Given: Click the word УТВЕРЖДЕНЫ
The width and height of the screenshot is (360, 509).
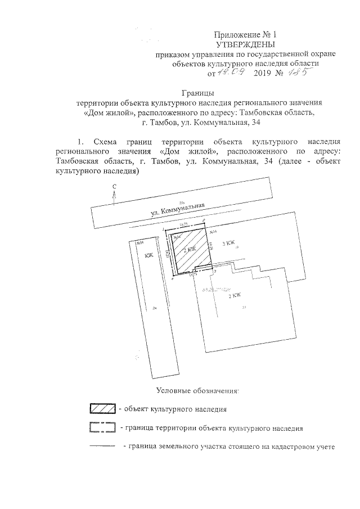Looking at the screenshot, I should pos(246,44).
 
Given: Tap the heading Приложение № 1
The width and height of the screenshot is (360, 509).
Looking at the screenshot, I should pos(246,35).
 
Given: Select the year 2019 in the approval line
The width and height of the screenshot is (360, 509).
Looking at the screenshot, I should pos(263,73).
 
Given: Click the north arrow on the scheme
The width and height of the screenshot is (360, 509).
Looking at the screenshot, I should pos(114,197).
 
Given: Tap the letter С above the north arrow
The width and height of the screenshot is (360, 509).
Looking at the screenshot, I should pos(114,186).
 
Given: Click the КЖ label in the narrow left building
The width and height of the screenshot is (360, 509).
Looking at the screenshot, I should pos(149,256).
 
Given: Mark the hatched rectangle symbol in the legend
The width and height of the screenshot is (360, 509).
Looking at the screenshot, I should pos(102,408).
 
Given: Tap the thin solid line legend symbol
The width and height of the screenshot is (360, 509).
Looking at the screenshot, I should pos(102,448).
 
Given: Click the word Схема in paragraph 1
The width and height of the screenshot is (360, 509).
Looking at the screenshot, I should pos(106,142).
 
